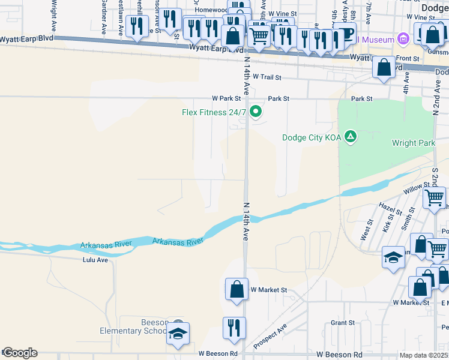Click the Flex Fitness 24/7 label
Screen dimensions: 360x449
point(214,112)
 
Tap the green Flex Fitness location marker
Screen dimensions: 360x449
point(256,112)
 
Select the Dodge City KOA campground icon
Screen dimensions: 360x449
point(351,137)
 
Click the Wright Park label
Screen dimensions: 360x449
point(412,143)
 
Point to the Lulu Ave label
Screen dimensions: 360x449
point(95,260)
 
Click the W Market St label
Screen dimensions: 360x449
point(269,290)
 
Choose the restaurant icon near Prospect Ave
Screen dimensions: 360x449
point(234,327)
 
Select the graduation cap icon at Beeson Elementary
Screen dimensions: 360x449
point(178,333)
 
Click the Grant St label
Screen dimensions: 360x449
point(343,323)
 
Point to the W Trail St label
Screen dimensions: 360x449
point(267,77)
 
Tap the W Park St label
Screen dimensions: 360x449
point(226,98)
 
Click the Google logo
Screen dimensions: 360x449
point(19,353)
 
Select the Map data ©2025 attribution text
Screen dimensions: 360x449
point(424,355)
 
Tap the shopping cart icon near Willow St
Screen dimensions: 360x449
point(434,197)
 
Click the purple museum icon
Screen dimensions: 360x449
point(403,40)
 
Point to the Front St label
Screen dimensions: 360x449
point(408,58)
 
